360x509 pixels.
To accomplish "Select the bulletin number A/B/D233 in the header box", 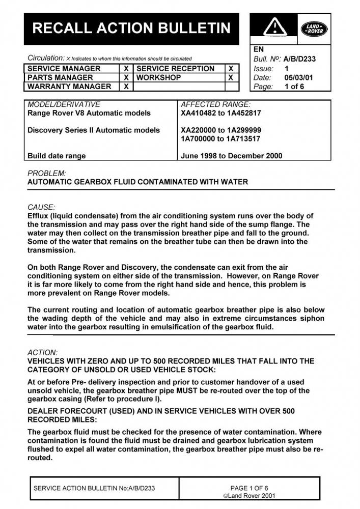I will tap(299, 59).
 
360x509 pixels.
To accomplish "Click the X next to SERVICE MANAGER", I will tap(126, 69).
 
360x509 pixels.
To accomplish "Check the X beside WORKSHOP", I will tap(231, 77).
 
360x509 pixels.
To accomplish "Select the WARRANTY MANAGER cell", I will tap(69, 87).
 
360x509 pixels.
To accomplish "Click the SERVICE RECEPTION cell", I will tap(176, 69).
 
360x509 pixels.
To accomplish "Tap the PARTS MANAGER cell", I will tap(60, 77).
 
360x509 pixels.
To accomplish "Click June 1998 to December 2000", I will tap(232, 156).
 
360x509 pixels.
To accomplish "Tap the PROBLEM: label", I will tap(46, 173).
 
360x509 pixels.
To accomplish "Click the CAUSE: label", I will tap(41, 207).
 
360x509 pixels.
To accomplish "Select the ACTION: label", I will tap(43, 352).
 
